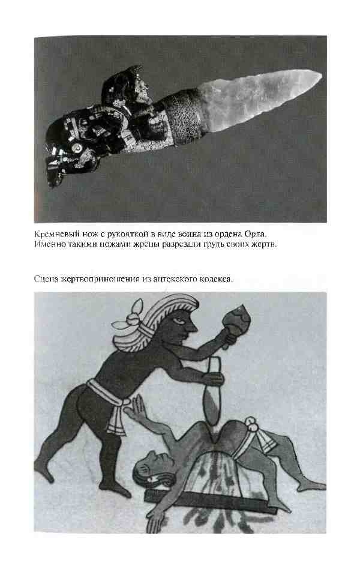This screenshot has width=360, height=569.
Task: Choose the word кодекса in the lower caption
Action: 215,280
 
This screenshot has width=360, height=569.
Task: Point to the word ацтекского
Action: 169,280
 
